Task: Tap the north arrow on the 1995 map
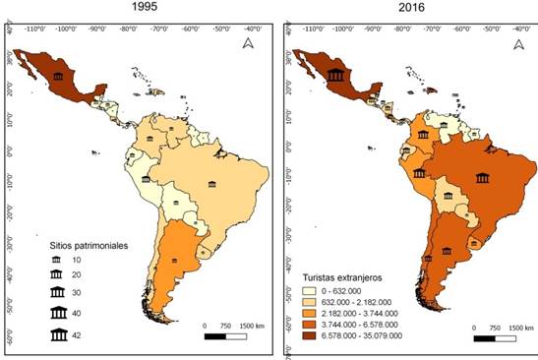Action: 249,42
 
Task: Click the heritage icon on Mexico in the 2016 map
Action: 336,78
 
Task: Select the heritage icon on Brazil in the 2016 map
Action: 482,178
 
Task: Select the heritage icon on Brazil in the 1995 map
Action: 211,185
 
